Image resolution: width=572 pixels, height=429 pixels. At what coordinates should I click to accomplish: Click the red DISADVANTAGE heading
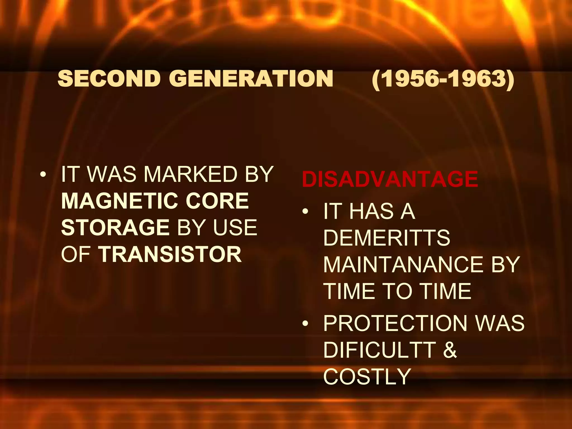390,179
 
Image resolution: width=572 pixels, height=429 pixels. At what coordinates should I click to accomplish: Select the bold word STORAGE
115,227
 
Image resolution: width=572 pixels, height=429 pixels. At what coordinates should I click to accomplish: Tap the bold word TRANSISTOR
170,254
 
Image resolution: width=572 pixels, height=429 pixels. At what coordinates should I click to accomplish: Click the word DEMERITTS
387,238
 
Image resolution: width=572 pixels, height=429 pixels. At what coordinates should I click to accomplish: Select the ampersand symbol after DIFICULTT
450,350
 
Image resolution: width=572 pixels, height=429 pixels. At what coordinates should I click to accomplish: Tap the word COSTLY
367,376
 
